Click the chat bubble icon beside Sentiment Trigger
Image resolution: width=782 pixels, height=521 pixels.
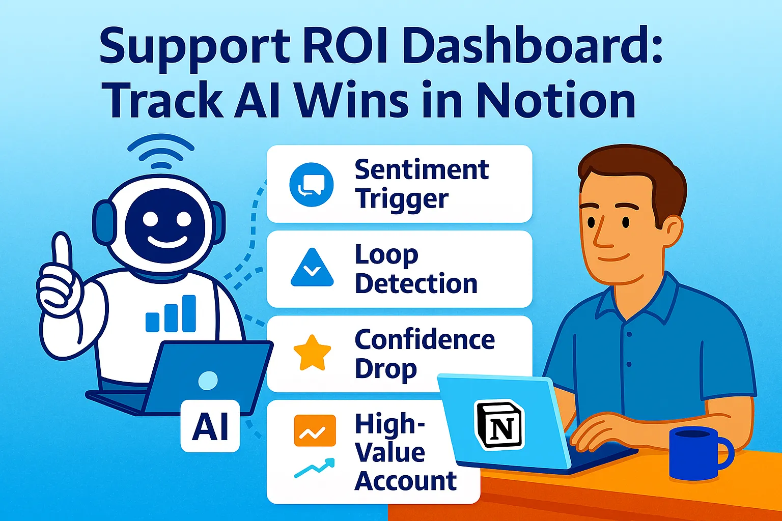coord(312,185)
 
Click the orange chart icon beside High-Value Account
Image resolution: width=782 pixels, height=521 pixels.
coord(315,430)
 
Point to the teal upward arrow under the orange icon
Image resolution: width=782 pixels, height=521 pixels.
coord(315,468)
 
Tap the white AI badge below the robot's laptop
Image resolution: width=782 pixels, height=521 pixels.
coord(210,426)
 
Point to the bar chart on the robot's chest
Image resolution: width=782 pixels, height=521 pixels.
coord(171,313)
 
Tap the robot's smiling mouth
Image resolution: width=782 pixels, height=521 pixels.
coord(167,241)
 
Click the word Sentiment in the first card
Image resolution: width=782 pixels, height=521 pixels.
coord(422,170)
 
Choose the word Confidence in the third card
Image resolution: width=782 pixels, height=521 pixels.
coord(425,339)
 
